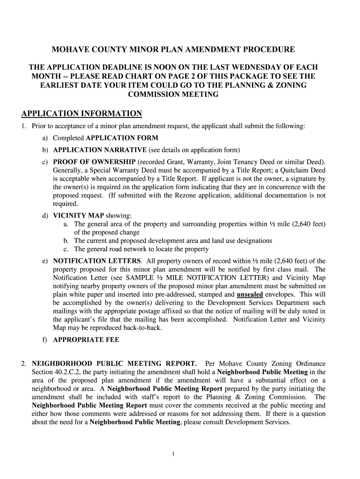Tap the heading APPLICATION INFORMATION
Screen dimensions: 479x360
pos(82,114)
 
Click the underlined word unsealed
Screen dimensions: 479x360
pos(250,295)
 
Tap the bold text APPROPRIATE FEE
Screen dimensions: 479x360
pos(86,340)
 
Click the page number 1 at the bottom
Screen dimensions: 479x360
pos(173,453)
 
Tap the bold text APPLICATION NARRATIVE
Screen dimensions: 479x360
pos(100,150)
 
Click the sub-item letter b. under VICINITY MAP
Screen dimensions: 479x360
pos(67,241)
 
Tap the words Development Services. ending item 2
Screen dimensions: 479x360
pos(260,422)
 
